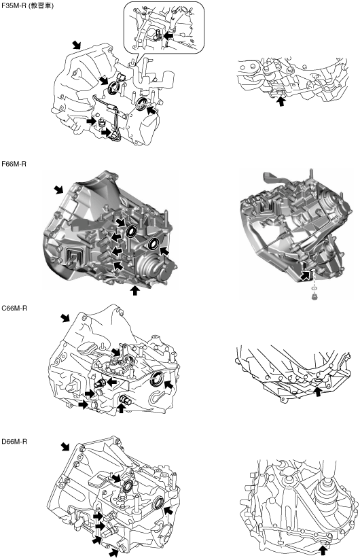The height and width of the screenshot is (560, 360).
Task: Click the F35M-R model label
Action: coord(14,6)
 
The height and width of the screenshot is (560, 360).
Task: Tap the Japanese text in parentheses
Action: coord(41,6)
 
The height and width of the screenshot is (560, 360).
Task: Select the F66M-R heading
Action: coord(14,164)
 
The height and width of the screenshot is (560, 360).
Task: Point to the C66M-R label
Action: coord(14,308)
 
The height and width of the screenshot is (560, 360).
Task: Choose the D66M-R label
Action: coord(14,442)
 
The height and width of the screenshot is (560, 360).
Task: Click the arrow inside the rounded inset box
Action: coord(170,36)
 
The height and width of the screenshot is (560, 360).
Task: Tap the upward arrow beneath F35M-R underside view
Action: coord(281,101)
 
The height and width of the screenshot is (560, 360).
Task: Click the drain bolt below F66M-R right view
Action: coord(314,297)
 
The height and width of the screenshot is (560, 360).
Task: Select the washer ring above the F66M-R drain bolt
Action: coord(314,289)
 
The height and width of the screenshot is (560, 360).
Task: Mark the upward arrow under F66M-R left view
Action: coord(134,290)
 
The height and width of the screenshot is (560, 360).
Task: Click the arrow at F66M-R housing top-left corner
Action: coord(58,190)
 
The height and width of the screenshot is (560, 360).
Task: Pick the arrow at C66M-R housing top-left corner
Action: coord(65,318)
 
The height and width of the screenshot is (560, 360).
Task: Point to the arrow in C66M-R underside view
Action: coord(317,391)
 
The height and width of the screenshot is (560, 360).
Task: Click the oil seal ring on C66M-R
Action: coord(157,379)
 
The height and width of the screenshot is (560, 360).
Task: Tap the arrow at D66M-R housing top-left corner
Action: coord(65,447)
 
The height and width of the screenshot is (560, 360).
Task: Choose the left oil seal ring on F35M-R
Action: coord(114,88)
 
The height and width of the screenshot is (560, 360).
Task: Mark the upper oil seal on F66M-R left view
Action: coord(131,232)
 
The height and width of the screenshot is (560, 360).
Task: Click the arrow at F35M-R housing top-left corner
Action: coord(76,45)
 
